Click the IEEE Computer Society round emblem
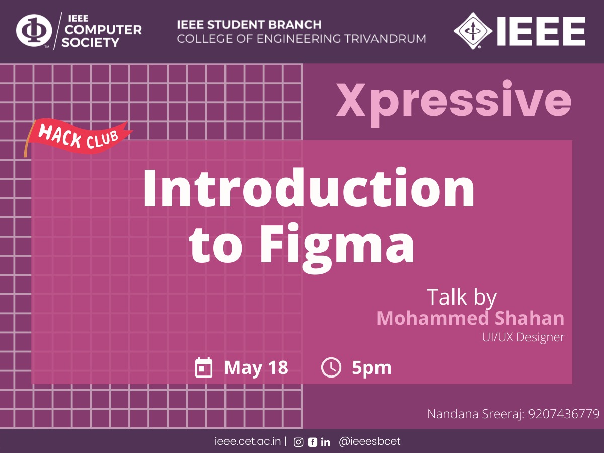(34, 30)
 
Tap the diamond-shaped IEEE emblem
(473, 31)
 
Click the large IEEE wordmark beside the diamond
(541, 31)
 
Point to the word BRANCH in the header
(295, 25)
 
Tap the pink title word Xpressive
(454, 102)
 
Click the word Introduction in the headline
(309, 188)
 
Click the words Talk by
(462, 297)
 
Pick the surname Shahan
(530, 318)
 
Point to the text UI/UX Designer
(523, 337)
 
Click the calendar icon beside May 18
(204, 367)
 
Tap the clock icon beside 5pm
(331, 367)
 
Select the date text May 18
(256, 368)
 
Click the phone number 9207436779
(564, 414)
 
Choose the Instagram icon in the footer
(298, 442)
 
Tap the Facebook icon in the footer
(313, 442)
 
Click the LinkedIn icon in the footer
(325, 442)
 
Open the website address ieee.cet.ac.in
(248, 441)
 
